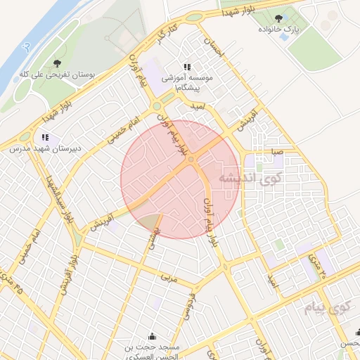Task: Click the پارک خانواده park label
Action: (291, 29)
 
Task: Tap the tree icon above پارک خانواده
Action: (279, 18)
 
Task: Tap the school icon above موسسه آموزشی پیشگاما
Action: (187, 66)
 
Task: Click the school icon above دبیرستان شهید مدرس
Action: (45, 136)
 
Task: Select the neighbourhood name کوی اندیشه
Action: (250, 179)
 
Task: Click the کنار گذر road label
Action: (167, 34)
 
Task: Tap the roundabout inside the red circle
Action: (191, 160)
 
